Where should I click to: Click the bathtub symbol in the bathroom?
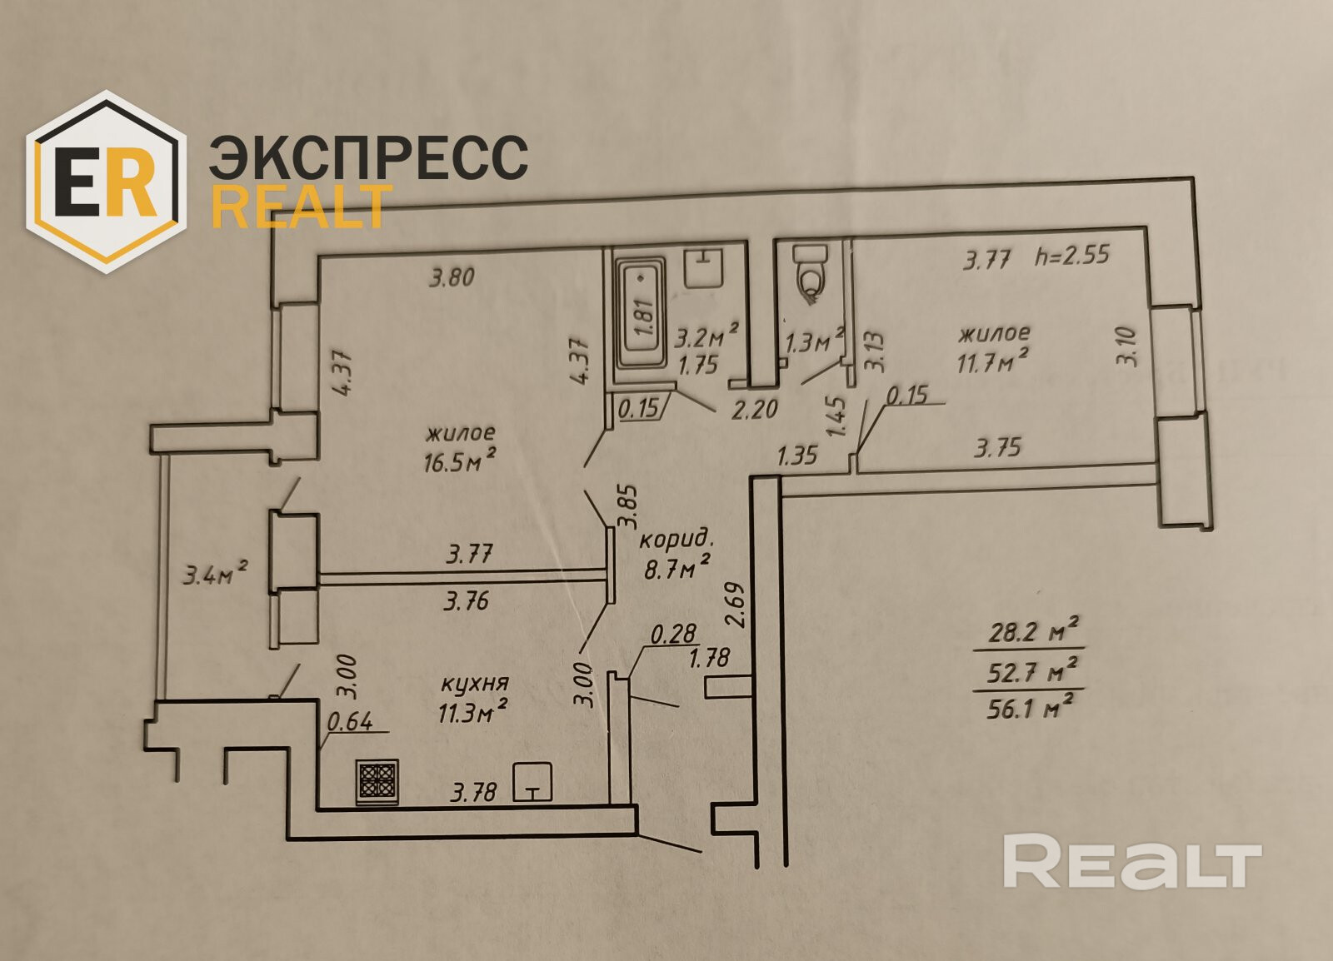point(640,316)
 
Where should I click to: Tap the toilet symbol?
point(809,271)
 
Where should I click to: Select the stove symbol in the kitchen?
point(377,782)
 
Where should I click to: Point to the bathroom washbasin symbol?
point(705,267)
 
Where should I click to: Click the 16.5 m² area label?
point(461,461)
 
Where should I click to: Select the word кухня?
point(474,684)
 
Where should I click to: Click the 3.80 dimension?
point(452,276)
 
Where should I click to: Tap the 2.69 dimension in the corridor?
point(734,605)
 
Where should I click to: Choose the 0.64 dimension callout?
point(350,721)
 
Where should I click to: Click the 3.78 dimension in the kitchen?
point(473,792)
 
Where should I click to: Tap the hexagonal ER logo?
point(104,182)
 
